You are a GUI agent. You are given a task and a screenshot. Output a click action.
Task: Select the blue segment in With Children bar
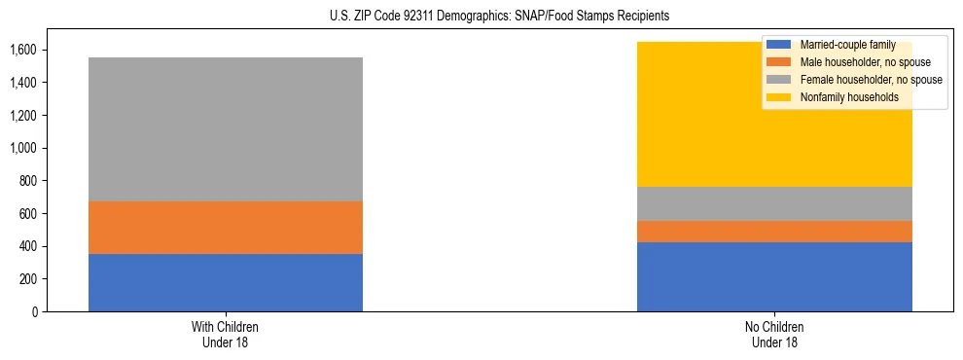226,282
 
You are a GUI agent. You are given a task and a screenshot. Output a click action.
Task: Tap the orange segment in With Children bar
226,228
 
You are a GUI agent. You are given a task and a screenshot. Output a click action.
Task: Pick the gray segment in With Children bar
226,129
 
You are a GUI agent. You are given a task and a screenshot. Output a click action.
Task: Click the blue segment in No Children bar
774,276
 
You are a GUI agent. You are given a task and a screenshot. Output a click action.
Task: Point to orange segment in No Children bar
774,232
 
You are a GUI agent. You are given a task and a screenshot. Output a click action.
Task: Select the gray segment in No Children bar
774,203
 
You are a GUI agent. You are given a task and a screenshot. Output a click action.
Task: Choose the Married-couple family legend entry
842,45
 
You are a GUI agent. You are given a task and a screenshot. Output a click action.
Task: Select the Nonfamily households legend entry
842,97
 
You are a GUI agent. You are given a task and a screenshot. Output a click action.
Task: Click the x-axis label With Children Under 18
226,335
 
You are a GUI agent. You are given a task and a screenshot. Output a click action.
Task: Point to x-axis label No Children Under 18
774,335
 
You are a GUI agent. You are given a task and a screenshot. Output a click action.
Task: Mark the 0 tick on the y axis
35,311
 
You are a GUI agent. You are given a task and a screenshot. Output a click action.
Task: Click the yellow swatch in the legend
779,97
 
